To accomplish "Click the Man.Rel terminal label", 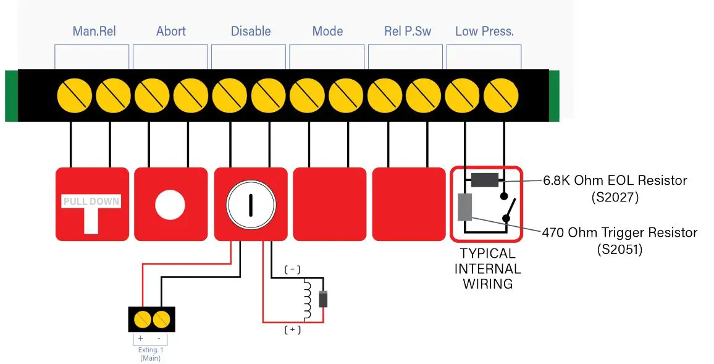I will (94, 31).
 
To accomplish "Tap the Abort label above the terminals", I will (171, 31).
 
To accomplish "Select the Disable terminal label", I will (251, 31).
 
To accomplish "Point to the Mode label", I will (327, 31).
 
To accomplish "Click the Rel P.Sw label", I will (408, 31).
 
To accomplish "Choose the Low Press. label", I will (484, 31).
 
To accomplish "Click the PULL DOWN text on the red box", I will (91, 201).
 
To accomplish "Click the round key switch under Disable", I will (250, 205).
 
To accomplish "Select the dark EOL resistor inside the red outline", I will (485, 180).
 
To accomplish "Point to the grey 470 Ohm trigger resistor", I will (465, 207).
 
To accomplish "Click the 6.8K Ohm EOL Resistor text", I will (615, 180).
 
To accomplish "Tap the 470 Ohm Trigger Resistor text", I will (619, 233).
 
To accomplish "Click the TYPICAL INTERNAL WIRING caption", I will (487, 268).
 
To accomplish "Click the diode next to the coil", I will (322, 299).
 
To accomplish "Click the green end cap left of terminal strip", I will (11, 96).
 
